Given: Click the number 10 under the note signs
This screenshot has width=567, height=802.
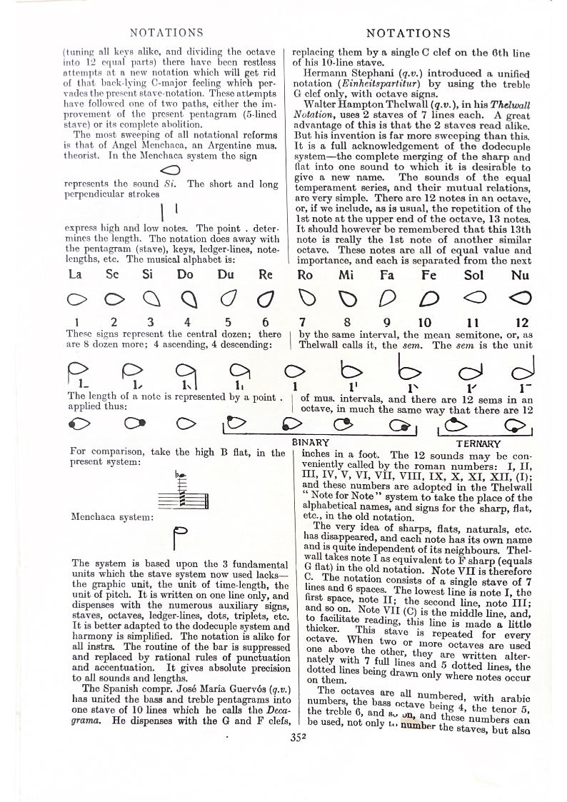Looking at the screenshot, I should coord(425,322).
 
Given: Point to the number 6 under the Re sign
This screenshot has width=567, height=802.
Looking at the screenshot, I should coord(266,322).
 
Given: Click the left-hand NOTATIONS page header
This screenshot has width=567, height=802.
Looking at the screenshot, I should coord(166,32).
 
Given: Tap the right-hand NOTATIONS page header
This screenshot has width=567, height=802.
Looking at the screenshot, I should coord(408,33).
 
